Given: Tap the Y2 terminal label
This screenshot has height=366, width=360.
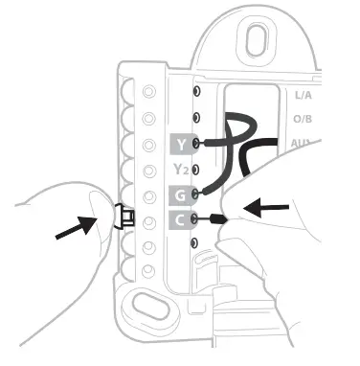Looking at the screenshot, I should click(x=181, y=170).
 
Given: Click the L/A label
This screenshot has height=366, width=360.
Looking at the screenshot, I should click(x=303, y=96).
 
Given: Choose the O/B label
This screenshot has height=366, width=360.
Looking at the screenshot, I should click(x=303, y=120).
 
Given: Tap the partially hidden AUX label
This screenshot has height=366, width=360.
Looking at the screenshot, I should click(x=301, y=144).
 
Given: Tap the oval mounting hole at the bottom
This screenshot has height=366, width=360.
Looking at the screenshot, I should click(x=151, y=308).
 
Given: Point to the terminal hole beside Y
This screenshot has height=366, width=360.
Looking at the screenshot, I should click(x=196, y=144).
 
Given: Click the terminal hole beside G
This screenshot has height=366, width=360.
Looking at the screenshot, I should click(x=196, y=194).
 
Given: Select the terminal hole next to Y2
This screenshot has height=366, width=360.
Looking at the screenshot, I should click(x=196, y=170).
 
